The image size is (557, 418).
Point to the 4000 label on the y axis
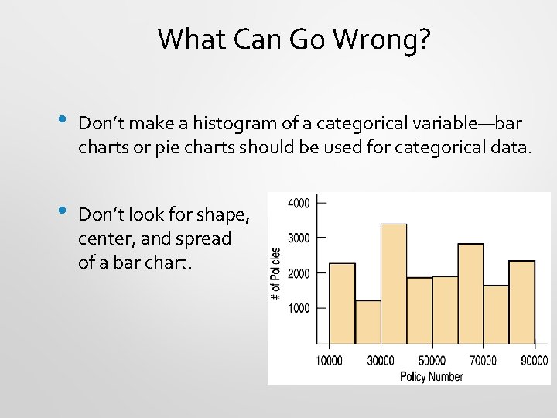(x=299, y=203)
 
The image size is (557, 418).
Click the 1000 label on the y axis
(x=299, y=308)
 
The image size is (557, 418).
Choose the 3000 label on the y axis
(x=299, y=238)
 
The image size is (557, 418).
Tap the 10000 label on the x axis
(x=330, y=360)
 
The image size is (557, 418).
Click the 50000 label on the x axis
(x=432, y=360)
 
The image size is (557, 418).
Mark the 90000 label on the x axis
(x=533, y=360)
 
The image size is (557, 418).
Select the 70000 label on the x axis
(x=483, y=360)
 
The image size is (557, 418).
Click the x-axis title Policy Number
(x=431, y=376)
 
